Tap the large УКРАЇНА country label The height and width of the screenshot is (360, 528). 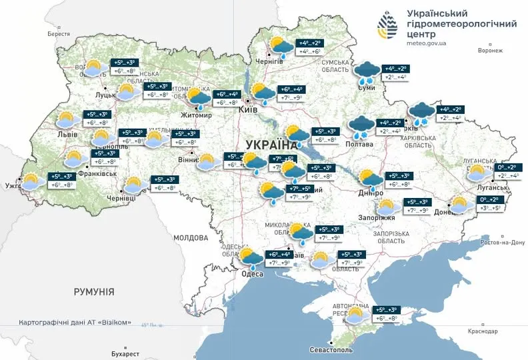[x=272, y=145]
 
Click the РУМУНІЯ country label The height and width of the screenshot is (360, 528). [x=94, y=292]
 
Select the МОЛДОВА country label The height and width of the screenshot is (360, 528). [x=192, y=237]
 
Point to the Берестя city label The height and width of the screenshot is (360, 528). [x=59, y=34]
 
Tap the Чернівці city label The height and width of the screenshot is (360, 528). [x=121, y=198]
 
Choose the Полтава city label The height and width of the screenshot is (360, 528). [x=361, y=143]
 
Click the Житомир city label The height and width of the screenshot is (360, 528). [x=195, y=115]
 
